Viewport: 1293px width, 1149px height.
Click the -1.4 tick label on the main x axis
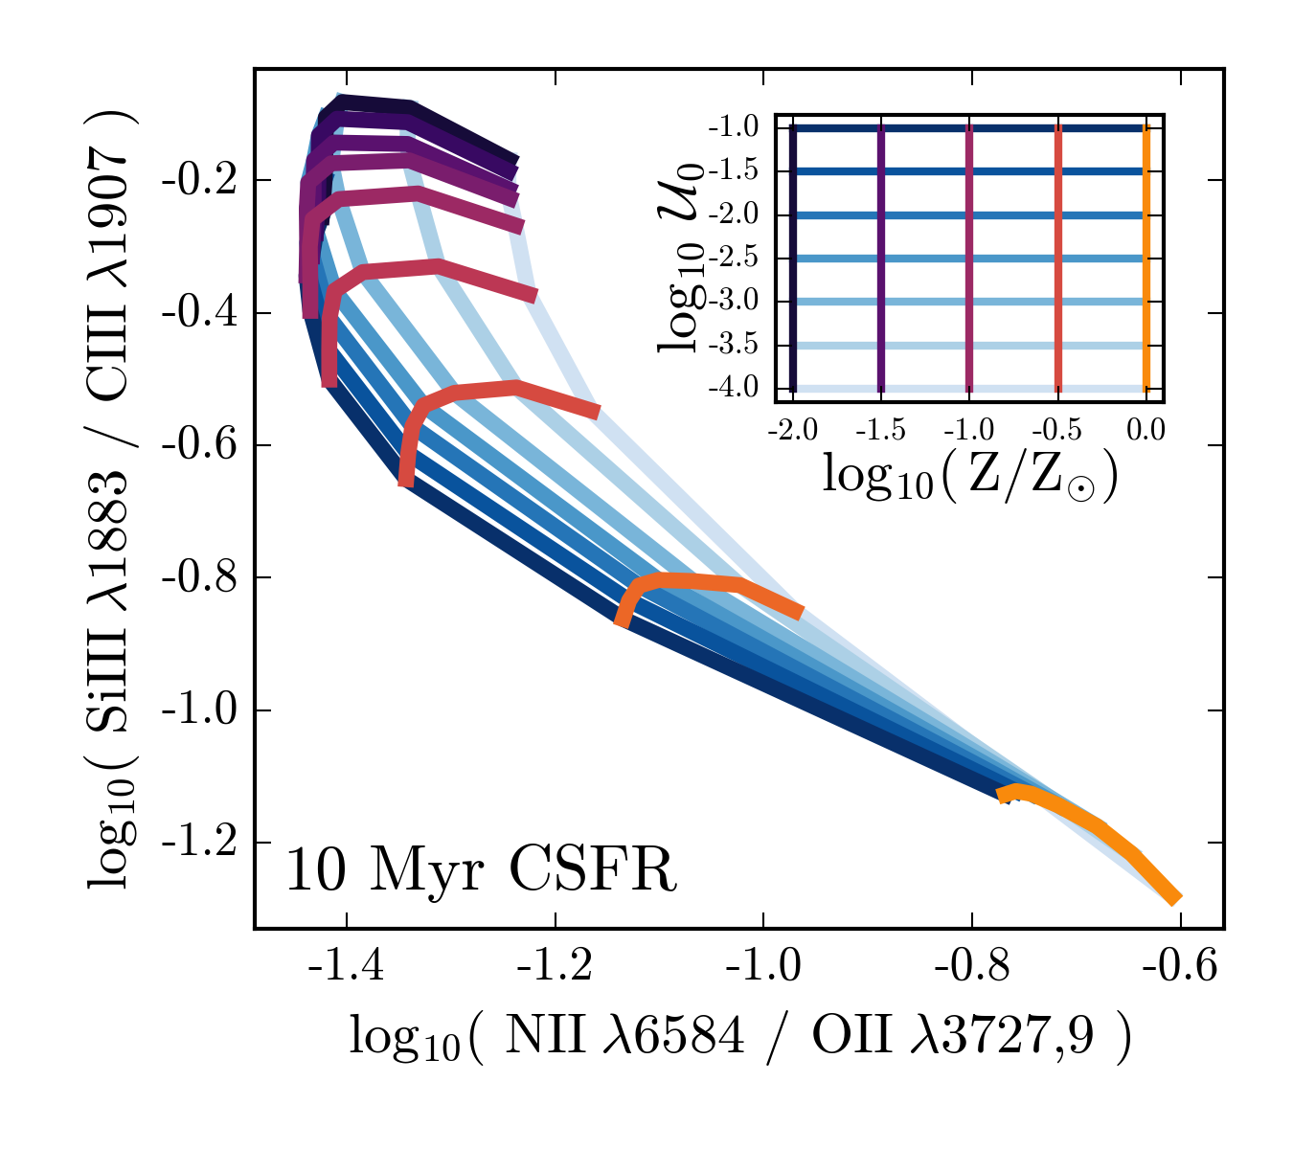coord(346,967)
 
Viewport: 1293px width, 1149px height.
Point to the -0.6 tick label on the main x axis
coord(1179,967)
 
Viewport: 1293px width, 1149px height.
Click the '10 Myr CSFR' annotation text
coord(481,872)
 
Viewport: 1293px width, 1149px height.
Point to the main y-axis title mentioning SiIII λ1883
coord(112,498)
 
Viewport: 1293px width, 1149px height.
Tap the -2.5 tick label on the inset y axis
coord(734,259)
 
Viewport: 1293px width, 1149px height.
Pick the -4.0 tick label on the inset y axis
coord(734,389)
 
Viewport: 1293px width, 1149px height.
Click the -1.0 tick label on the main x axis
coord(762,967)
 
